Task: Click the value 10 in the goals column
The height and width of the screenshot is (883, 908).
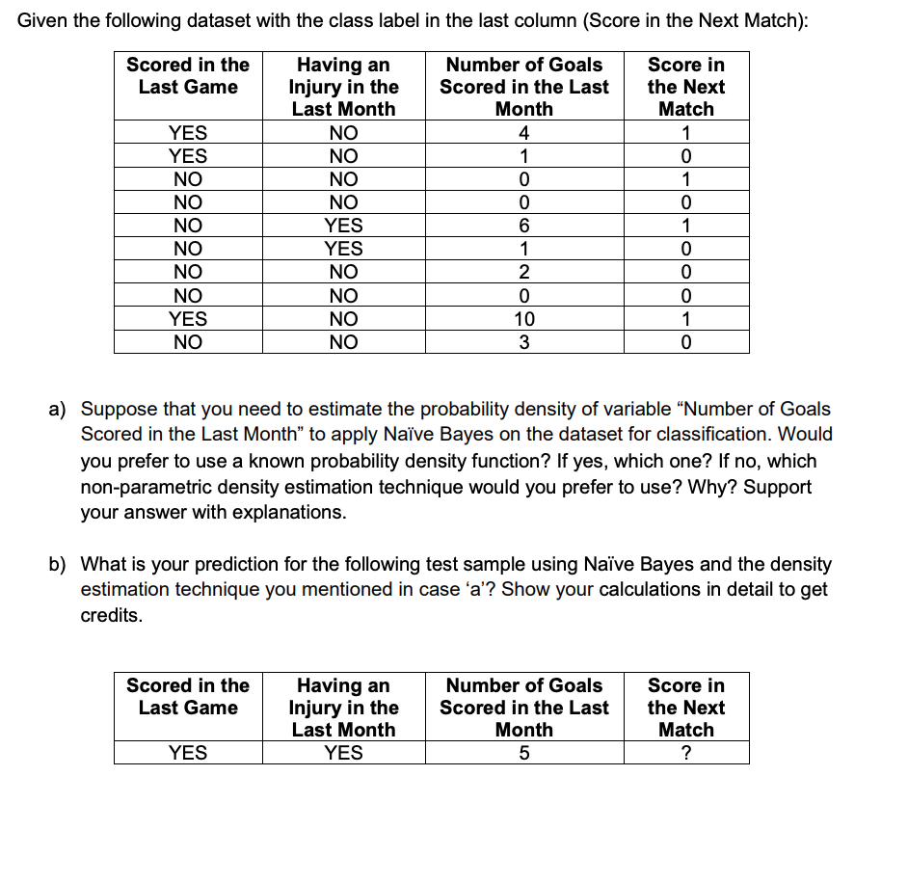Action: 523,318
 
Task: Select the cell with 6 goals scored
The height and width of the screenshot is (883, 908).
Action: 523,226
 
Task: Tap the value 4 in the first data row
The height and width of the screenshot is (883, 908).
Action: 523,133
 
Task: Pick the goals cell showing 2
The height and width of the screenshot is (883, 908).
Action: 523,272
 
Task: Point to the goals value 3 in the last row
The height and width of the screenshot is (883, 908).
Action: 523,341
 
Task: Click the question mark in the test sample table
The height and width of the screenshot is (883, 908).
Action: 685,753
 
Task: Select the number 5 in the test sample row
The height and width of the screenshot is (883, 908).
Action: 523,753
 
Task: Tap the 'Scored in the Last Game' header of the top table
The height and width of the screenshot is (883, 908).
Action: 188,76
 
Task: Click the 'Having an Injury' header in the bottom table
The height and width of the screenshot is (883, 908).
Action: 343,707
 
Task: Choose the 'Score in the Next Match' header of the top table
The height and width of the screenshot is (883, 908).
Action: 685,87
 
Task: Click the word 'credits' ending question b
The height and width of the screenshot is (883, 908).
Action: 109,615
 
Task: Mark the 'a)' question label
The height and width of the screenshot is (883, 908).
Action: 59,410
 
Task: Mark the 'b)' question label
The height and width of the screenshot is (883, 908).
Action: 59,564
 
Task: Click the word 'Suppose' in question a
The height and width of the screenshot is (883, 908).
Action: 118,410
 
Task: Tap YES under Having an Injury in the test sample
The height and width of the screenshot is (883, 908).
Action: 343,753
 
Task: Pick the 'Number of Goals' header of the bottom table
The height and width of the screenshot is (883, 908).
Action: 523,685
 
